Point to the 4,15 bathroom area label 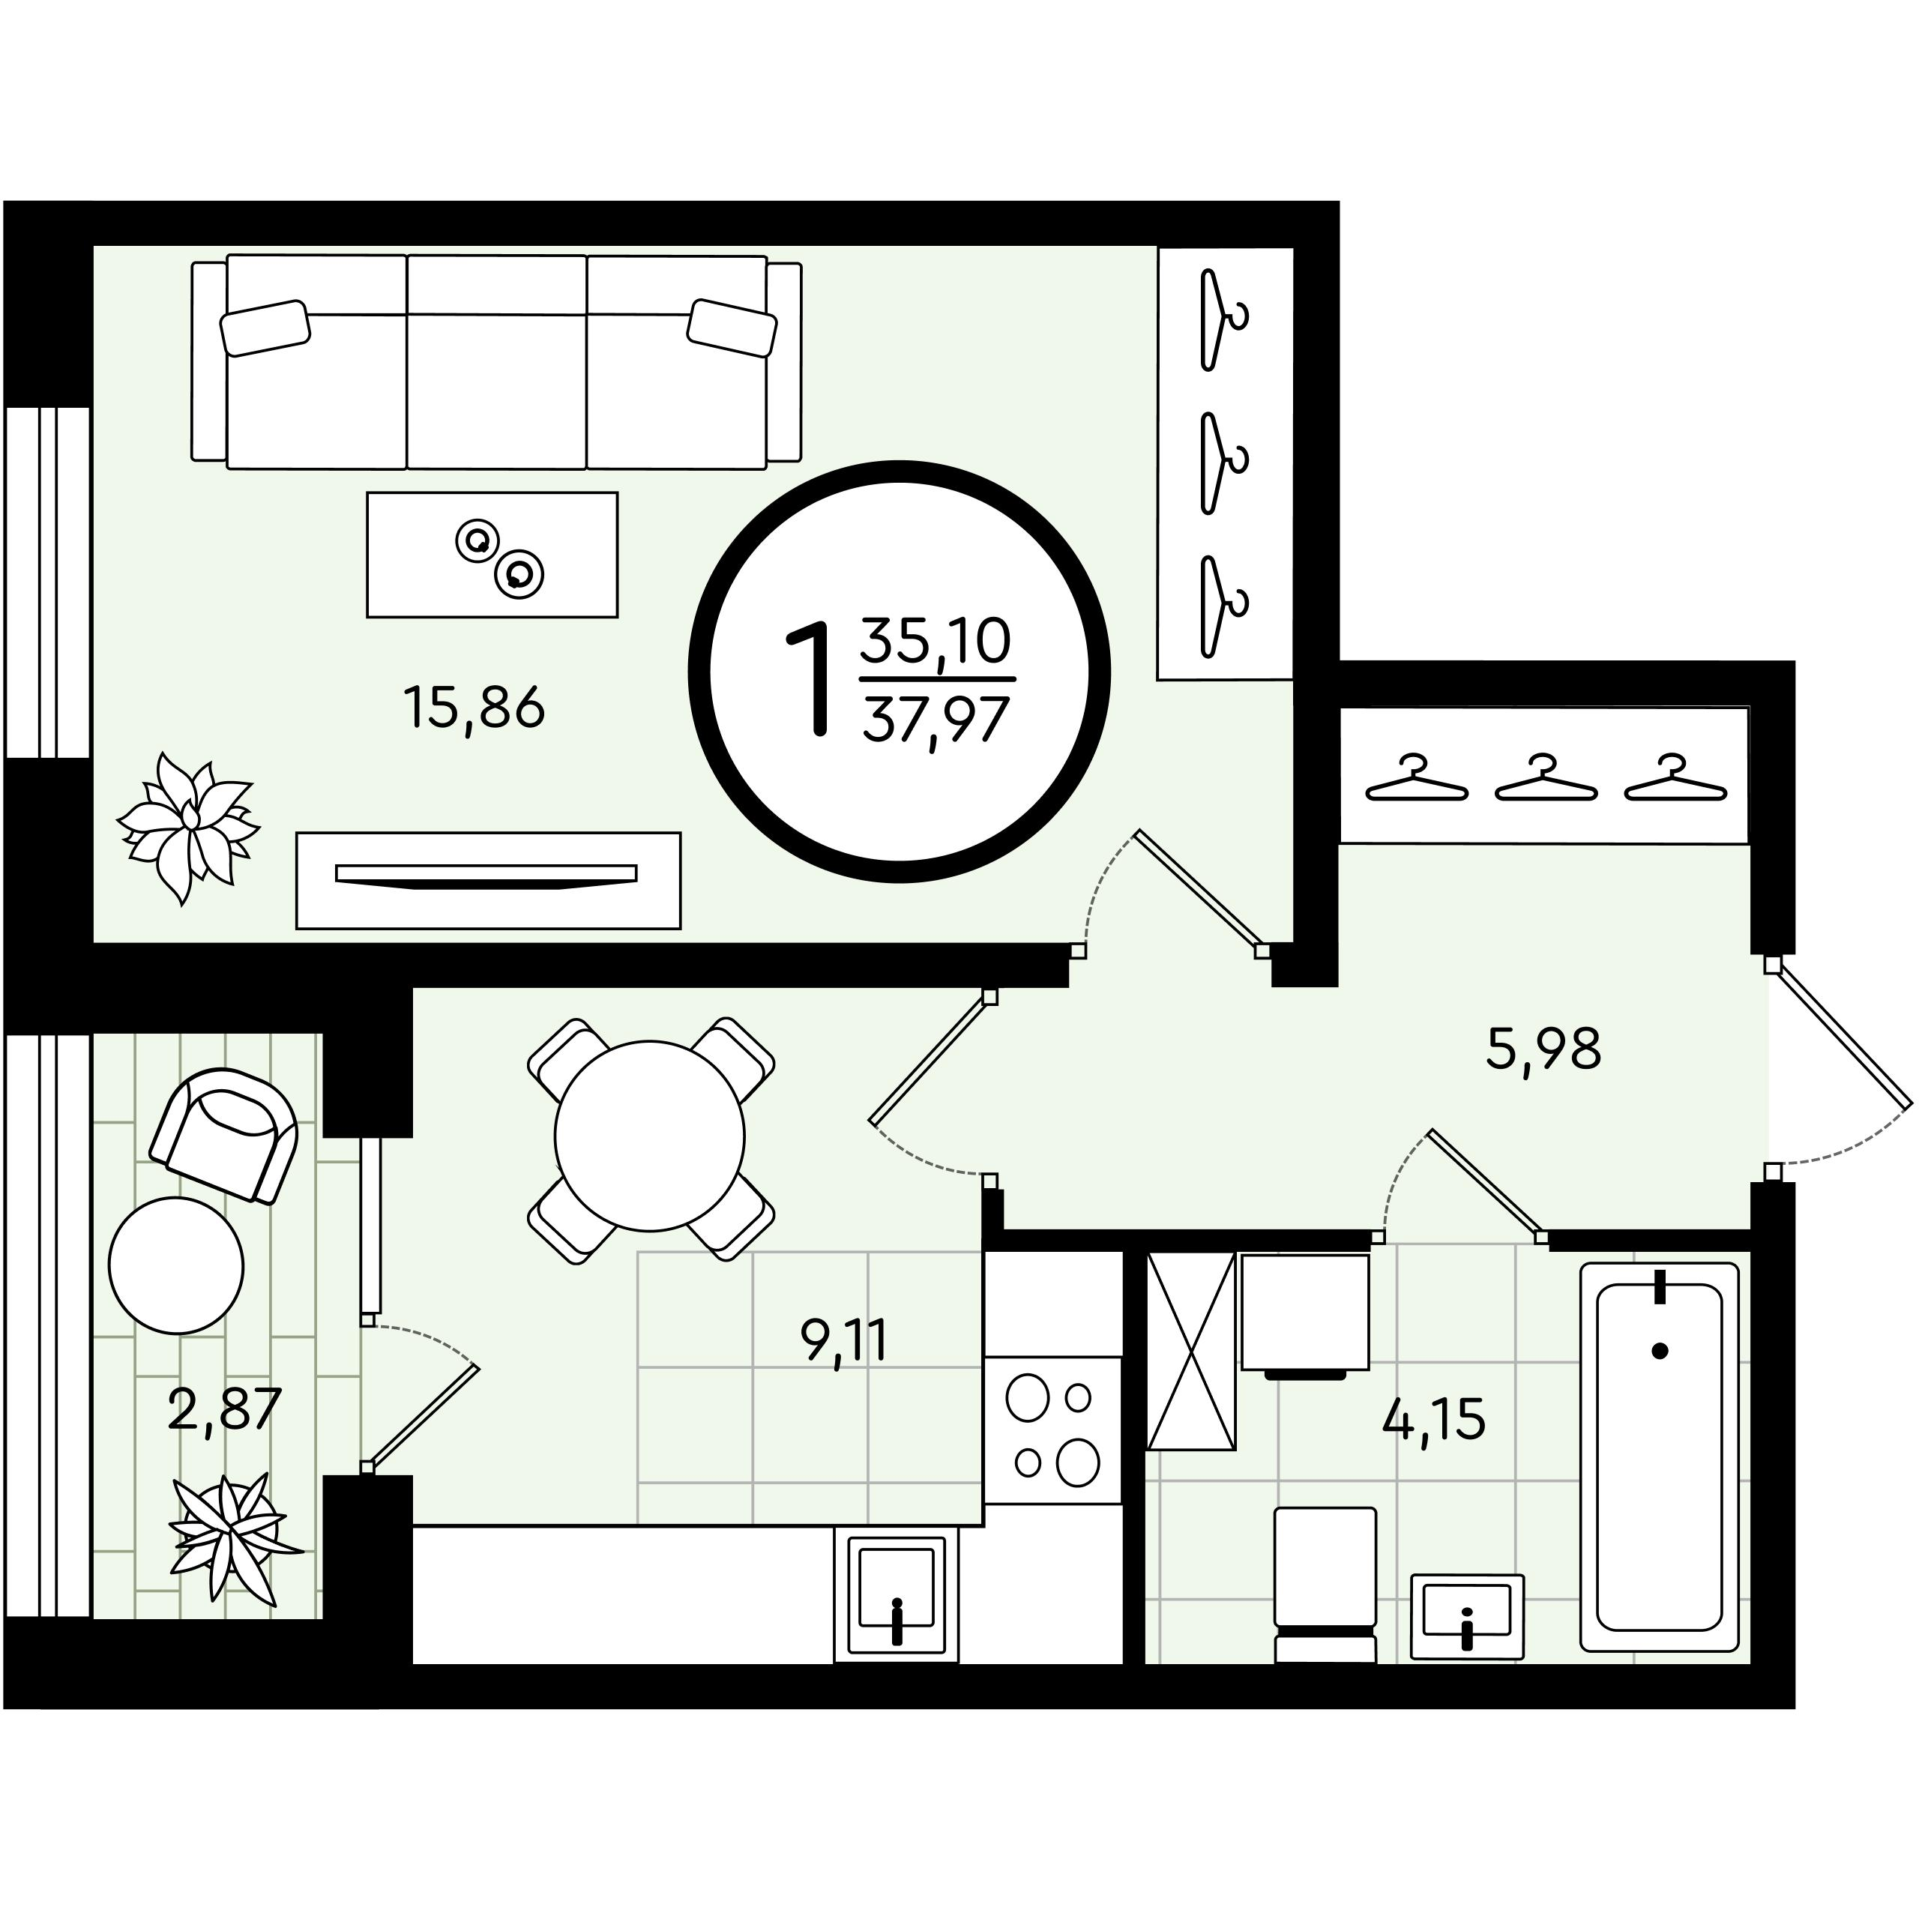click(x=1434, y=1421)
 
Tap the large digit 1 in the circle click(x=810, y=678)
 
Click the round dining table click(x=650, y=1136)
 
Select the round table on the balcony click(x=176, y=1265)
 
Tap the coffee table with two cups click(x=492, y=554)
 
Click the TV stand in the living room click(x=488, y=880)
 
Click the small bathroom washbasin click(x=1466, y=1616)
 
